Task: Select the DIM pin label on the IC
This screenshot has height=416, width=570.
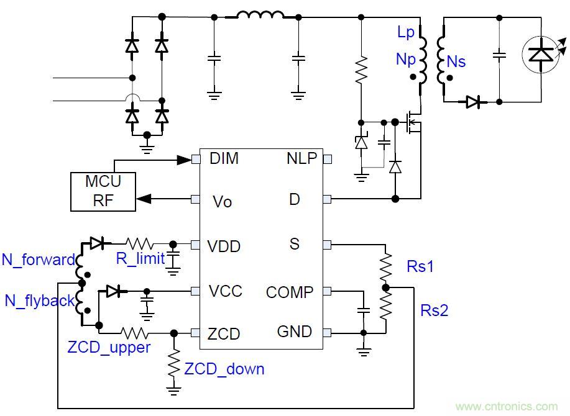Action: (224, 158)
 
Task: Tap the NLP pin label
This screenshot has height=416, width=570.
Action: (301, 158)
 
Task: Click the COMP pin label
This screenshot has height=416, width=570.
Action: (290, 292)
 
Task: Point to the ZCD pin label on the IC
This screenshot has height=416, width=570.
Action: (224, 334)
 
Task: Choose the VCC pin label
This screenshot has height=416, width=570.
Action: (226, 291)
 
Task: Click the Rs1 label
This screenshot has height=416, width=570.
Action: (420, 267)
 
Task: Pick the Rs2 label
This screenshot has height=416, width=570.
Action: (434, 310)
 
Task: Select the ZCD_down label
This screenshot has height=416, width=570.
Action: (224, 369)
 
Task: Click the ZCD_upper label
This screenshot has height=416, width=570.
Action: (109, 346)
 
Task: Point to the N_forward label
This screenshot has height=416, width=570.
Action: (38, 260)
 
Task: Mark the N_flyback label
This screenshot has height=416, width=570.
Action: (39, 301)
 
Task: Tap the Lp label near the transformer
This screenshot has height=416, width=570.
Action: (405, 32)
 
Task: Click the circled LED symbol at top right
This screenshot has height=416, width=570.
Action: (539, 55)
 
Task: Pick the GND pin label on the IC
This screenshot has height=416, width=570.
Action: (294, 332)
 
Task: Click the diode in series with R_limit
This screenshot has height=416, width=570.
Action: (96, 243)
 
